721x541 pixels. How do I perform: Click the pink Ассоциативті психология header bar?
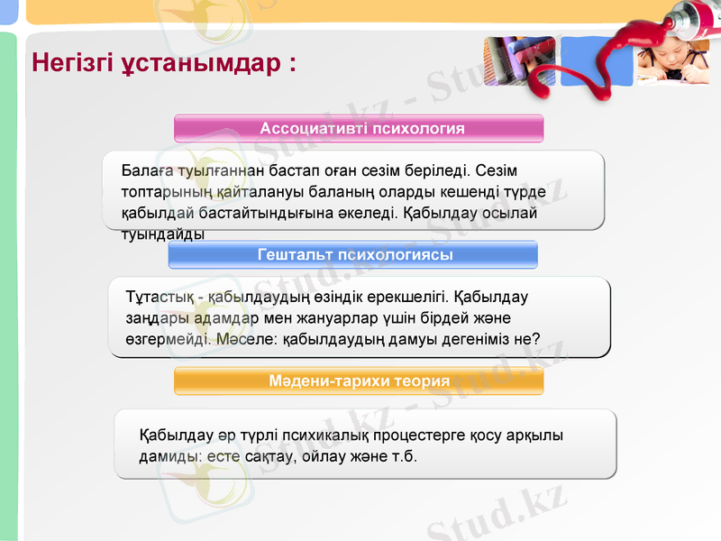click(359, 128)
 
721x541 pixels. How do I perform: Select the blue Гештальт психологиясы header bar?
click(353, 254)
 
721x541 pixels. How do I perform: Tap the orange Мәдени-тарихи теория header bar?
click(359, 381)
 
